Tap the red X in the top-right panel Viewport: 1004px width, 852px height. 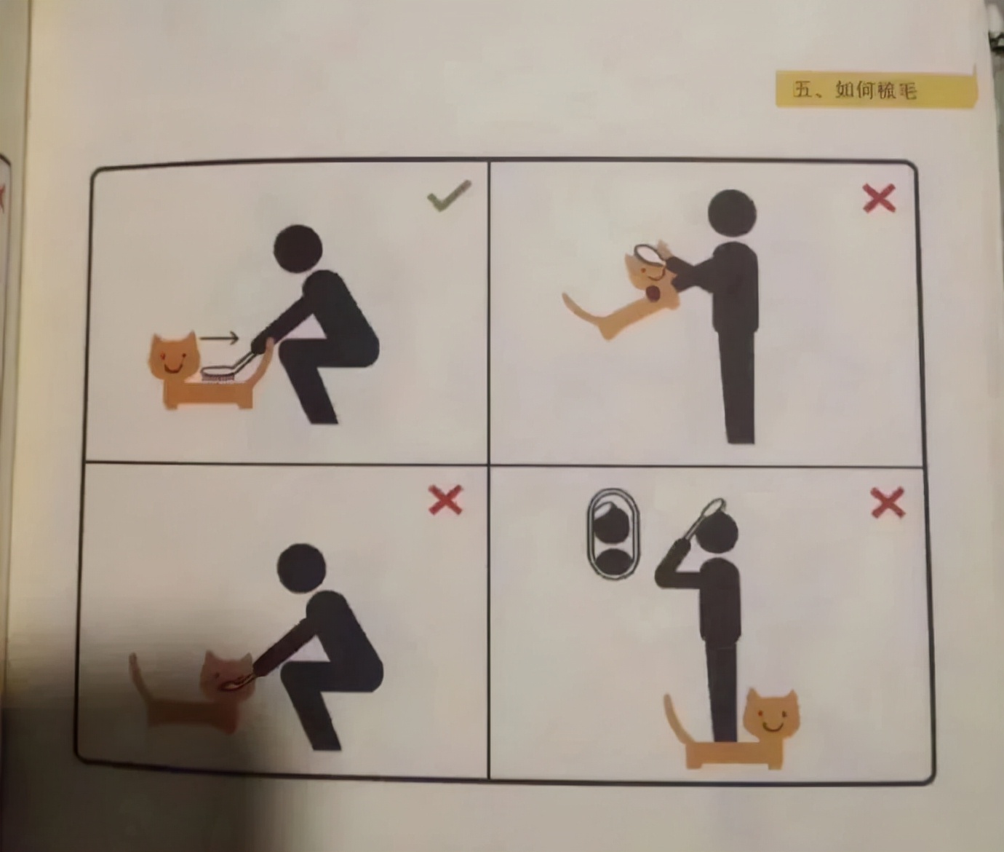tap(879, 198)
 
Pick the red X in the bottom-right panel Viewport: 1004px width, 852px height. tap(888, 502)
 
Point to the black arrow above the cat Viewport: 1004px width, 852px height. tap(219, 337)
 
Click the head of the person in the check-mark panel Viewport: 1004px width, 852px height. tap(298, 248)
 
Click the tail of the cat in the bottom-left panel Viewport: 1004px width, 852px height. tap(140, 679)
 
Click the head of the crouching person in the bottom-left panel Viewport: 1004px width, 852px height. tap(301, 568)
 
